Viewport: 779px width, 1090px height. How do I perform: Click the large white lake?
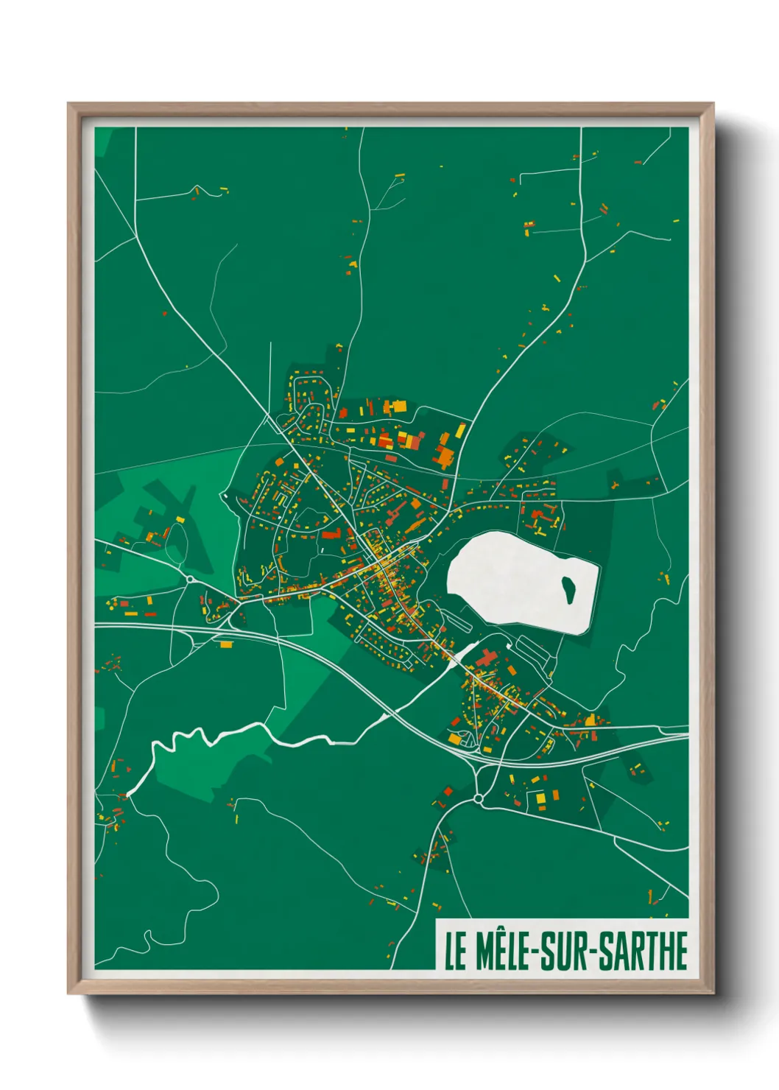(515, 582)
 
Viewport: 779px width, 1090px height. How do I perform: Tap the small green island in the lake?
(568, 588)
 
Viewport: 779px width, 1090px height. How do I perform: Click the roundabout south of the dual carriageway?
(478, 798)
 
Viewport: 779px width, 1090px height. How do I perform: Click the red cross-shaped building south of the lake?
(487, 657)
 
